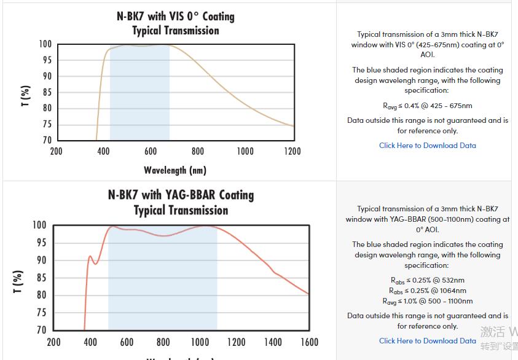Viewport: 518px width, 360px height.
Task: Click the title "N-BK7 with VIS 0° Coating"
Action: click(175, 16)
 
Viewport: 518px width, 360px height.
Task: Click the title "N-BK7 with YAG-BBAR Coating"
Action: click(181, 195)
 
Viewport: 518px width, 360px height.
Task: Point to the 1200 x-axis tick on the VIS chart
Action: click(292, 151)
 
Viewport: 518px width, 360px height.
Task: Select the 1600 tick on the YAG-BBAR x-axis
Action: click(309, 342)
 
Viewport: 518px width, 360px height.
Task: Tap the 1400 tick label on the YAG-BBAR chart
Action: click(272, 342)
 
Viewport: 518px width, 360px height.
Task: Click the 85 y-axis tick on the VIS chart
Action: click(46, 92)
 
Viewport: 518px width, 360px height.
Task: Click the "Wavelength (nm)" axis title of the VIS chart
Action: click(175, 170)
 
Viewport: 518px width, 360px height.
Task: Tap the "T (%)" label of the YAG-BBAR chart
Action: click(18, 281)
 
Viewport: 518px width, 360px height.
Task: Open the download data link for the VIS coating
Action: click(427, 146)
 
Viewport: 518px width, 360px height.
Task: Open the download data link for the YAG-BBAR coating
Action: click(427, 341)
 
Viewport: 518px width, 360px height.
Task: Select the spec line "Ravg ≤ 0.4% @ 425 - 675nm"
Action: click(427, 106)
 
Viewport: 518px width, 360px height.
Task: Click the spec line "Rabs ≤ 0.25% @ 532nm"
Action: click(427, 280)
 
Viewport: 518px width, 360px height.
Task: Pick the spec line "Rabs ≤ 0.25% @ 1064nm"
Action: click(427, 291)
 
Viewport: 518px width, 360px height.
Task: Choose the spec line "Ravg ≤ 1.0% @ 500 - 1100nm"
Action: click(427, 301)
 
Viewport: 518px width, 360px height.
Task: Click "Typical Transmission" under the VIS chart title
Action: click(175, 30)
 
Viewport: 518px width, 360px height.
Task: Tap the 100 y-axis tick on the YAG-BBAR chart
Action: click(40, 225)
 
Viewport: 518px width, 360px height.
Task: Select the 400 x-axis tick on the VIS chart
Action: click(103, 151)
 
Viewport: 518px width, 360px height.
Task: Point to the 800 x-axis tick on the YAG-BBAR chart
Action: click(163, 342)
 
